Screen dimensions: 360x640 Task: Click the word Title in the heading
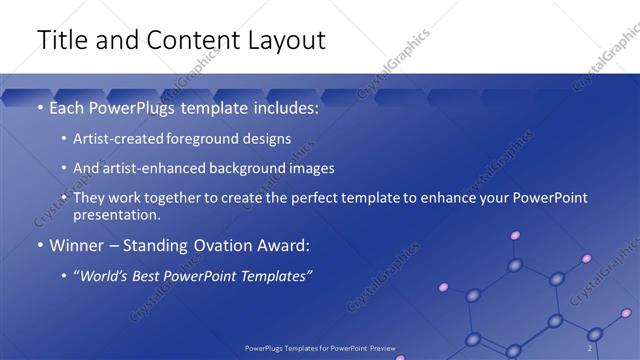click(63, 40)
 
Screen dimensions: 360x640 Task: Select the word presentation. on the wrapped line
click(116, 214)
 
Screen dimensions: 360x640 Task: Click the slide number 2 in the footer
click(590, 347)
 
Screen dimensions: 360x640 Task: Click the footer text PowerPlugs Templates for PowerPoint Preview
click(320, 347)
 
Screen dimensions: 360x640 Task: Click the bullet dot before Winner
click(40, 245)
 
